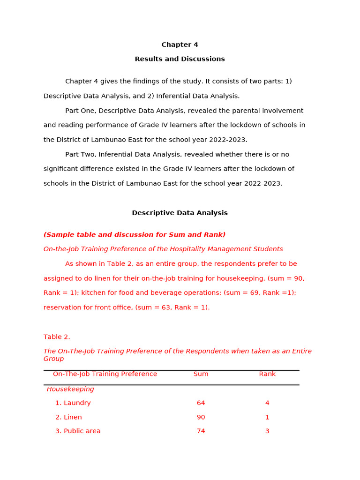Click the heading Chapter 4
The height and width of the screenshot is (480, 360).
[x=180, y=45]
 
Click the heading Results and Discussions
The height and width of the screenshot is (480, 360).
[x=180, y=59]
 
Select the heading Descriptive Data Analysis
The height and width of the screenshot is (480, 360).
[x=180, y=213]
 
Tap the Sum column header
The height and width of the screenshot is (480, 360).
[x=201, y=374]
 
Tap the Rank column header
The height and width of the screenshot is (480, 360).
[x=267, y=374]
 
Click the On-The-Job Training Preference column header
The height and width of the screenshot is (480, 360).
[x=105, y=374]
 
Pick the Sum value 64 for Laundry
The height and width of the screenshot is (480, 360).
[x=201, y=403]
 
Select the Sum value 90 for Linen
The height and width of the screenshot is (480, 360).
[x=201, y=417]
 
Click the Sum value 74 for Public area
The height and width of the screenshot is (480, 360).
[x=201, y=431]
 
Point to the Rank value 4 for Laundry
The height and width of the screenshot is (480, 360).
[x=267, y=403]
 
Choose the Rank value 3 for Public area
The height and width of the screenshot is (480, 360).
[x=267, y=431]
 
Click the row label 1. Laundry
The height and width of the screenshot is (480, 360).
[x=73, y=403]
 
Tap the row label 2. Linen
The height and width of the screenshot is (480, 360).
[x=68, y=417]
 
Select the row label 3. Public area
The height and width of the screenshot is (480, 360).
[x=78, y=431]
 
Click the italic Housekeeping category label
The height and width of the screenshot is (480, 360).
[x=70, y=389]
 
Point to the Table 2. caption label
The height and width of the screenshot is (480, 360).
[x=57, y=337]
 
